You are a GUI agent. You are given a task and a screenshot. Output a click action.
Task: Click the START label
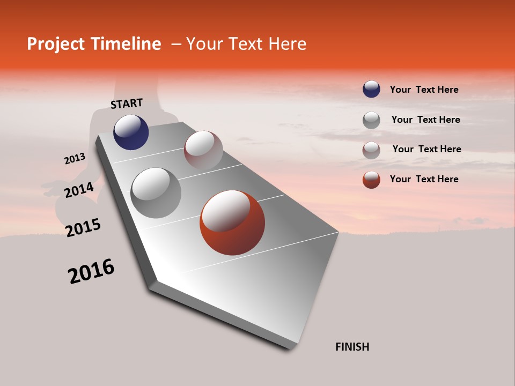(127, 103)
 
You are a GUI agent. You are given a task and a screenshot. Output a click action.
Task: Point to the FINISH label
(352, 347)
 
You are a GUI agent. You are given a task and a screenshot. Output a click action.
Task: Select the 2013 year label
(75, 159)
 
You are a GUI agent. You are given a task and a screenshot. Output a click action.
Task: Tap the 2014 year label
(79, 190)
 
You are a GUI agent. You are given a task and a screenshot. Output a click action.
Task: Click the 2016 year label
(91, 271)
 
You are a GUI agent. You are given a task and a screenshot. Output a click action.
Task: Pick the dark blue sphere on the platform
(131, 132)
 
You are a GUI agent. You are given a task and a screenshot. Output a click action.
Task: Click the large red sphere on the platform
(232, 222)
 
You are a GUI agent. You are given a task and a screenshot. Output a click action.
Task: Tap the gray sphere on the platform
(156, 193)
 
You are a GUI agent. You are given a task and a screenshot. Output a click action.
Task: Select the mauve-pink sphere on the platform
(203, 150)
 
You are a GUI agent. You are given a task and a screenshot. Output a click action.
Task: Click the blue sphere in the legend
(371, 90)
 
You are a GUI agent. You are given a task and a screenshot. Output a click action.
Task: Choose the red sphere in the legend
(371, 180)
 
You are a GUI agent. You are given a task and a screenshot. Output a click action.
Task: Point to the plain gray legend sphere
(371, 120)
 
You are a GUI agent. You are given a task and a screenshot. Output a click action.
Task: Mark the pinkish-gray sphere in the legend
(371, 150)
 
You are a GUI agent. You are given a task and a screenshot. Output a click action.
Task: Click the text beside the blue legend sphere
(424, 90)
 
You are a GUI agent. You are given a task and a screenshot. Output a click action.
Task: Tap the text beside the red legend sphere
(424, 179)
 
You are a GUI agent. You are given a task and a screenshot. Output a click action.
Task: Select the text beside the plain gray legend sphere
(425, 120)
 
